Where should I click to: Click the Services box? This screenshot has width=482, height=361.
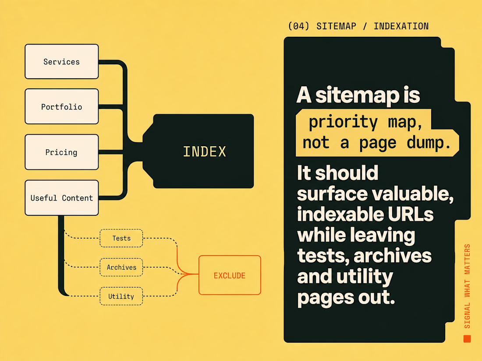click(62, 61)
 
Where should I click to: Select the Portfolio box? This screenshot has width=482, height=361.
click(62, 106)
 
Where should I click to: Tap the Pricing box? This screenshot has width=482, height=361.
click(62, 152)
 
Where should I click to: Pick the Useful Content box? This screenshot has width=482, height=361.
click(62, 198)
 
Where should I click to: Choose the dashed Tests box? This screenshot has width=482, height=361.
click(121, 238)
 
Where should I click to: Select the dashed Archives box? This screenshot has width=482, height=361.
click(121, 267)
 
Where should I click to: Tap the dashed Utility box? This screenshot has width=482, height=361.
click(121, 296)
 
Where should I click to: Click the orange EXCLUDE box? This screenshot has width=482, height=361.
click(230, 275)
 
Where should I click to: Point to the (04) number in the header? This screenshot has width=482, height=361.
click(298, 26)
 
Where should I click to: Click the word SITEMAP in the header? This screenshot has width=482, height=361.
click(336, 26)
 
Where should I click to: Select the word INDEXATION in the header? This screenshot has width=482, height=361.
click(401, 26)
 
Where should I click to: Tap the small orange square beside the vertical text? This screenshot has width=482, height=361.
click(467, 339)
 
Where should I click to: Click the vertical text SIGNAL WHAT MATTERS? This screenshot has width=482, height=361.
click(467, 286)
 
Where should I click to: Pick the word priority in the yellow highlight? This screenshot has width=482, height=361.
click(343, 122)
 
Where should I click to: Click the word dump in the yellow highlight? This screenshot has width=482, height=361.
click(429, 143)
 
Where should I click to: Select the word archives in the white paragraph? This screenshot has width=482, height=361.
click(393, 256)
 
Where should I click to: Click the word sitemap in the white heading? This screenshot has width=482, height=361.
click(357, 95)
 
